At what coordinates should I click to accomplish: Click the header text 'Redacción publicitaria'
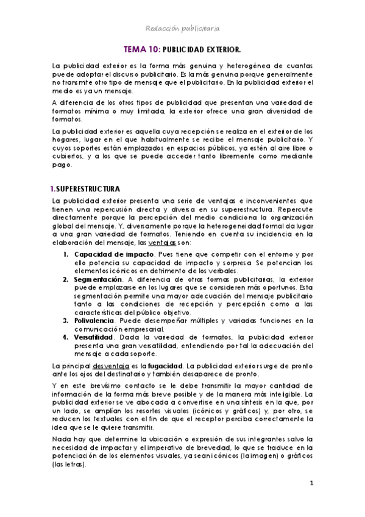[182, 28]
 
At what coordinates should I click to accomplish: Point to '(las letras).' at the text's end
[70, 463]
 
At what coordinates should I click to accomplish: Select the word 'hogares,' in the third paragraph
[68, 138]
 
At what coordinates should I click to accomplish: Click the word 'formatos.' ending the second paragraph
[68, 119]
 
